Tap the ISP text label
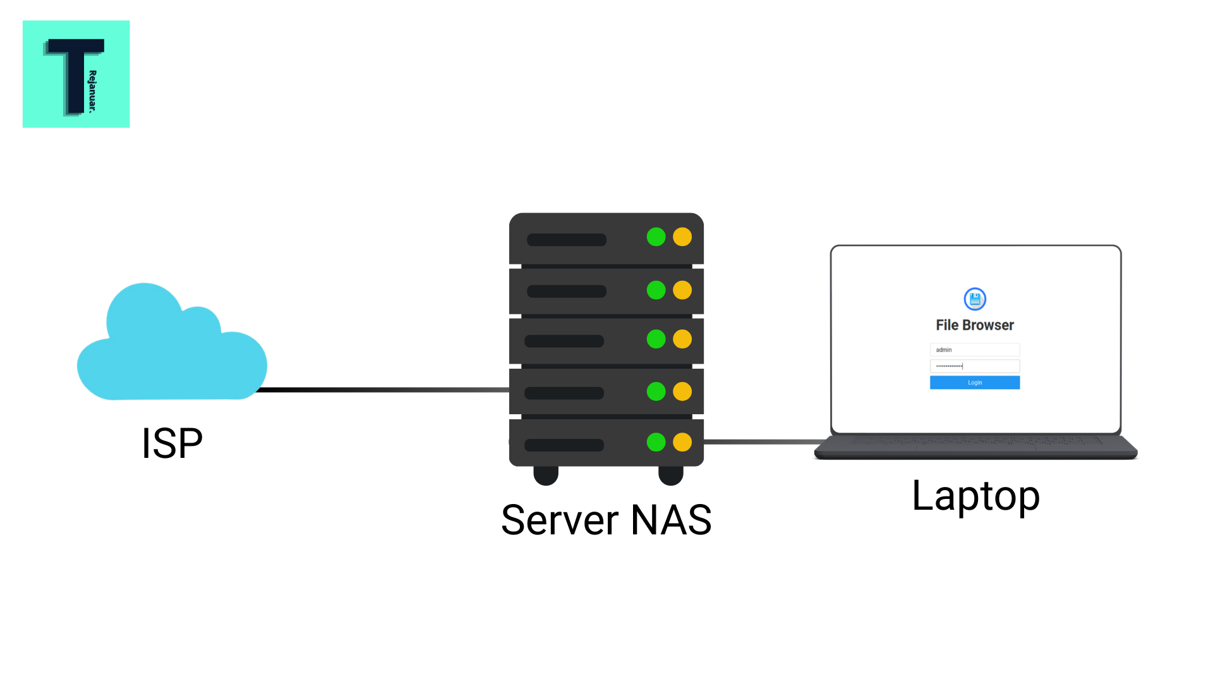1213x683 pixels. tap(172, 443)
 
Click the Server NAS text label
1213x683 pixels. tap(606, 520)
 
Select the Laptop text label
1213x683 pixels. tap(975, 495)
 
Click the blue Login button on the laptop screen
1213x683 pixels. tap(974, 383)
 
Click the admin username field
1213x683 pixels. tap(974, 350)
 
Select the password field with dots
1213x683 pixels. tap(974, 366)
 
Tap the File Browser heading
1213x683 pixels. tap(974, 325)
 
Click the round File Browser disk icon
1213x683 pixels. tap(975, 299)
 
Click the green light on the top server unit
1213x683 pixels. tap(656, 237)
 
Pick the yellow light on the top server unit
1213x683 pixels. tap(682, 237)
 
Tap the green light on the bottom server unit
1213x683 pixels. tap(656, 442)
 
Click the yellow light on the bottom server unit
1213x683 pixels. tap(682, 442)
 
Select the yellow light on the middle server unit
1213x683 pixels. tap(682, 340)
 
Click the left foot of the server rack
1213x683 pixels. tap(546, 475)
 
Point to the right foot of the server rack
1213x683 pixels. tap(671, 475)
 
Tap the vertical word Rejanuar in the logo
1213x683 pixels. tap(93, 92)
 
